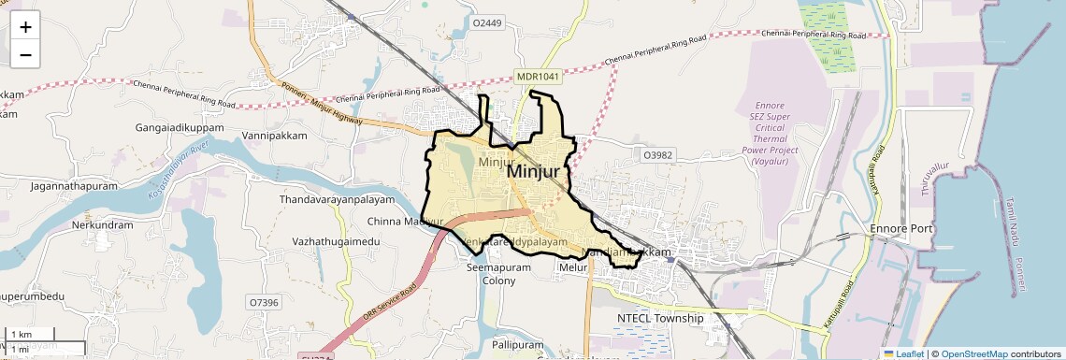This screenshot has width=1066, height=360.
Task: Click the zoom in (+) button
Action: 25,27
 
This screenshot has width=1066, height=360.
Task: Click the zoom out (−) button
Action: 25,55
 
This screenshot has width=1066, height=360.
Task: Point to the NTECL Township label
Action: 660,319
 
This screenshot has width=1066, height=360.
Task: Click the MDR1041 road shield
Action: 536,76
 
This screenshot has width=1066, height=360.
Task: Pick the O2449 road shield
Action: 487,22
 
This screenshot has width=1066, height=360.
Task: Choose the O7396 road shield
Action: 264,302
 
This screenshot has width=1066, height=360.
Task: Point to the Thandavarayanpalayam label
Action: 339,200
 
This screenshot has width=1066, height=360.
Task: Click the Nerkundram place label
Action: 102,225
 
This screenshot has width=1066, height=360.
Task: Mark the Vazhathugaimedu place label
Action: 337,242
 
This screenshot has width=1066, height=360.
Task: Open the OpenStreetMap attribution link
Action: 973,353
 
